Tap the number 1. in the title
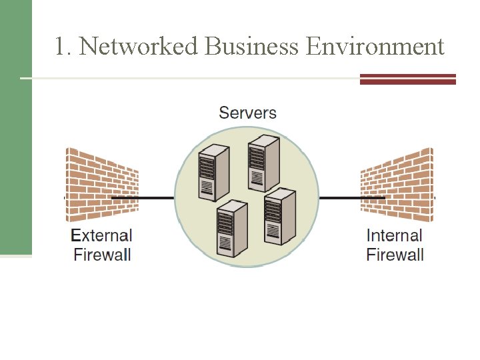[x=63, y=47]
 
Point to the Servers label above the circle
[x=247, y=112]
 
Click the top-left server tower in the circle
[x=214, y=173]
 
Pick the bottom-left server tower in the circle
[x=231, y=229]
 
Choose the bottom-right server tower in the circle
[x=279, y=217]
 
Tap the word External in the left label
[x=101, y=235]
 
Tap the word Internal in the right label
[x=395, y=235]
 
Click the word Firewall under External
[x=102, y=254]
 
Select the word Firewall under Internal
[x=395, y=254]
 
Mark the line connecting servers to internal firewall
[x=340, y=198]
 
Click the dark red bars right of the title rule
[x=407, y=79]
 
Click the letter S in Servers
[x=224, y=112]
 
